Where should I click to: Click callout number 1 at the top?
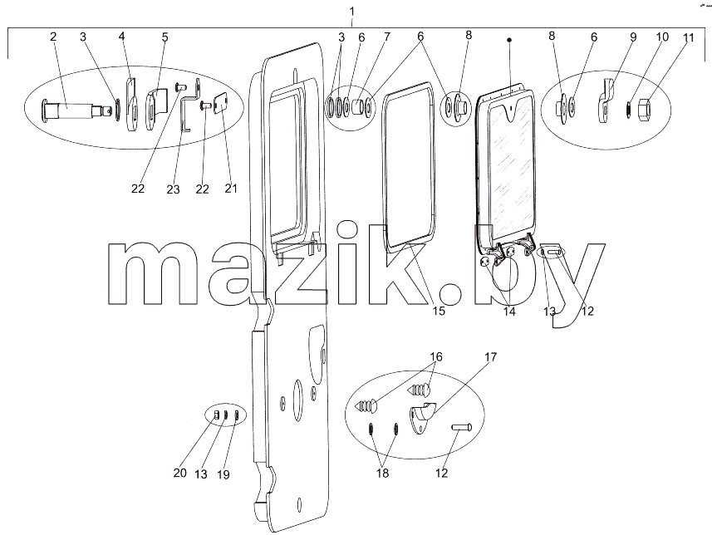[352, 11]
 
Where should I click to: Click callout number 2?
[53, 37]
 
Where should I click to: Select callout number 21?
[231, 188]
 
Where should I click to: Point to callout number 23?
[173, 189]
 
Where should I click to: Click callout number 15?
[439, 311]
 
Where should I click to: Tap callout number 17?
[490, 357]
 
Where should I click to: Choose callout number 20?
[179, 473]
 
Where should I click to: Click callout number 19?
[223, 474]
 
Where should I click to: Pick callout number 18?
[382, 474]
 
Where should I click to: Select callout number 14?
[509, 312]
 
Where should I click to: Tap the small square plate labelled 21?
[221, 103]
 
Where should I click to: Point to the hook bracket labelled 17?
[423, 417]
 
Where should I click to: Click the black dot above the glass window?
[509, 41]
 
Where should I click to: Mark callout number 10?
[662, 37]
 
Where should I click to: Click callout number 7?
[386, 37]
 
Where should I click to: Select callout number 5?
[164, 37]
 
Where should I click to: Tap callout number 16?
[436, 356]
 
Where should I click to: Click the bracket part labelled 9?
[606, 101]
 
